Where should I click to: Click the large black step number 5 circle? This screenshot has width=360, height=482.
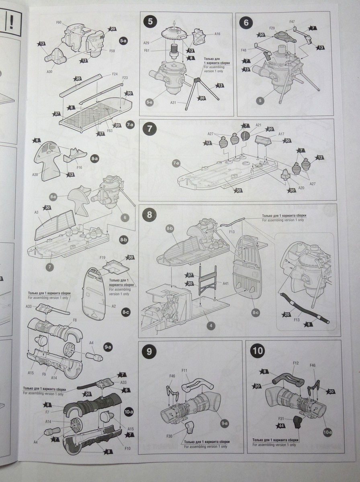(x=150, y=22)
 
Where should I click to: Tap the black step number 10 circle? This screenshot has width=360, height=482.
(x=257, y=351)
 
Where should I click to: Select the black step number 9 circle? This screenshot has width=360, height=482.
(x=149, y=351)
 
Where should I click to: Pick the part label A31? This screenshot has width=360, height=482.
(x=173, y=102)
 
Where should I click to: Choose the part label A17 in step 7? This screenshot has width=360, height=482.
(x=281, y=134)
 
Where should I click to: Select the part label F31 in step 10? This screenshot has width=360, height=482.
(x=281, y=419)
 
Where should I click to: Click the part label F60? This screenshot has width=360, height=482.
(x=59, y=22)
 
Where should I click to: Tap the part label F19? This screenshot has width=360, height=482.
(x=102, y=257)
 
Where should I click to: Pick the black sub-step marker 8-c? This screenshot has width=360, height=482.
(x=125, y=312)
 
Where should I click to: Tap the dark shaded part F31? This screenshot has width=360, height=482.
(x=298, y=423)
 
